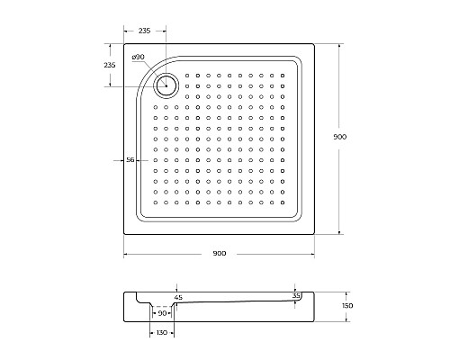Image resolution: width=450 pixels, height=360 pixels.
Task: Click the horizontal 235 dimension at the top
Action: click(144, 31)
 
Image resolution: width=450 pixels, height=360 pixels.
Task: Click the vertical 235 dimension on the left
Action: click(110, 65)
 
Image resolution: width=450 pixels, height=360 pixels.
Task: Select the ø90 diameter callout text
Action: click(138, 57)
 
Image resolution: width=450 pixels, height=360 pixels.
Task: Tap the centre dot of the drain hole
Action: click(166, 85)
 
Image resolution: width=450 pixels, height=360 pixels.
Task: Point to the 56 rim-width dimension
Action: click(130, 160)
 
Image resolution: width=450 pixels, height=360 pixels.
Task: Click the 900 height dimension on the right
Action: click(340, 137)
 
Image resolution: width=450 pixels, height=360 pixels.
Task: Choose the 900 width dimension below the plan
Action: click(220, 254)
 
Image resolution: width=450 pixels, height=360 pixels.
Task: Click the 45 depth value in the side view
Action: click(178, 298)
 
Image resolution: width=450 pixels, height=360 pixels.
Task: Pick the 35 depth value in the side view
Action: click(296, 296)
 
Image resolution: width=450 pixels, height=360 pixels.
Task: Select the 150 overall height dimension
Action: click(347, 306)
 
